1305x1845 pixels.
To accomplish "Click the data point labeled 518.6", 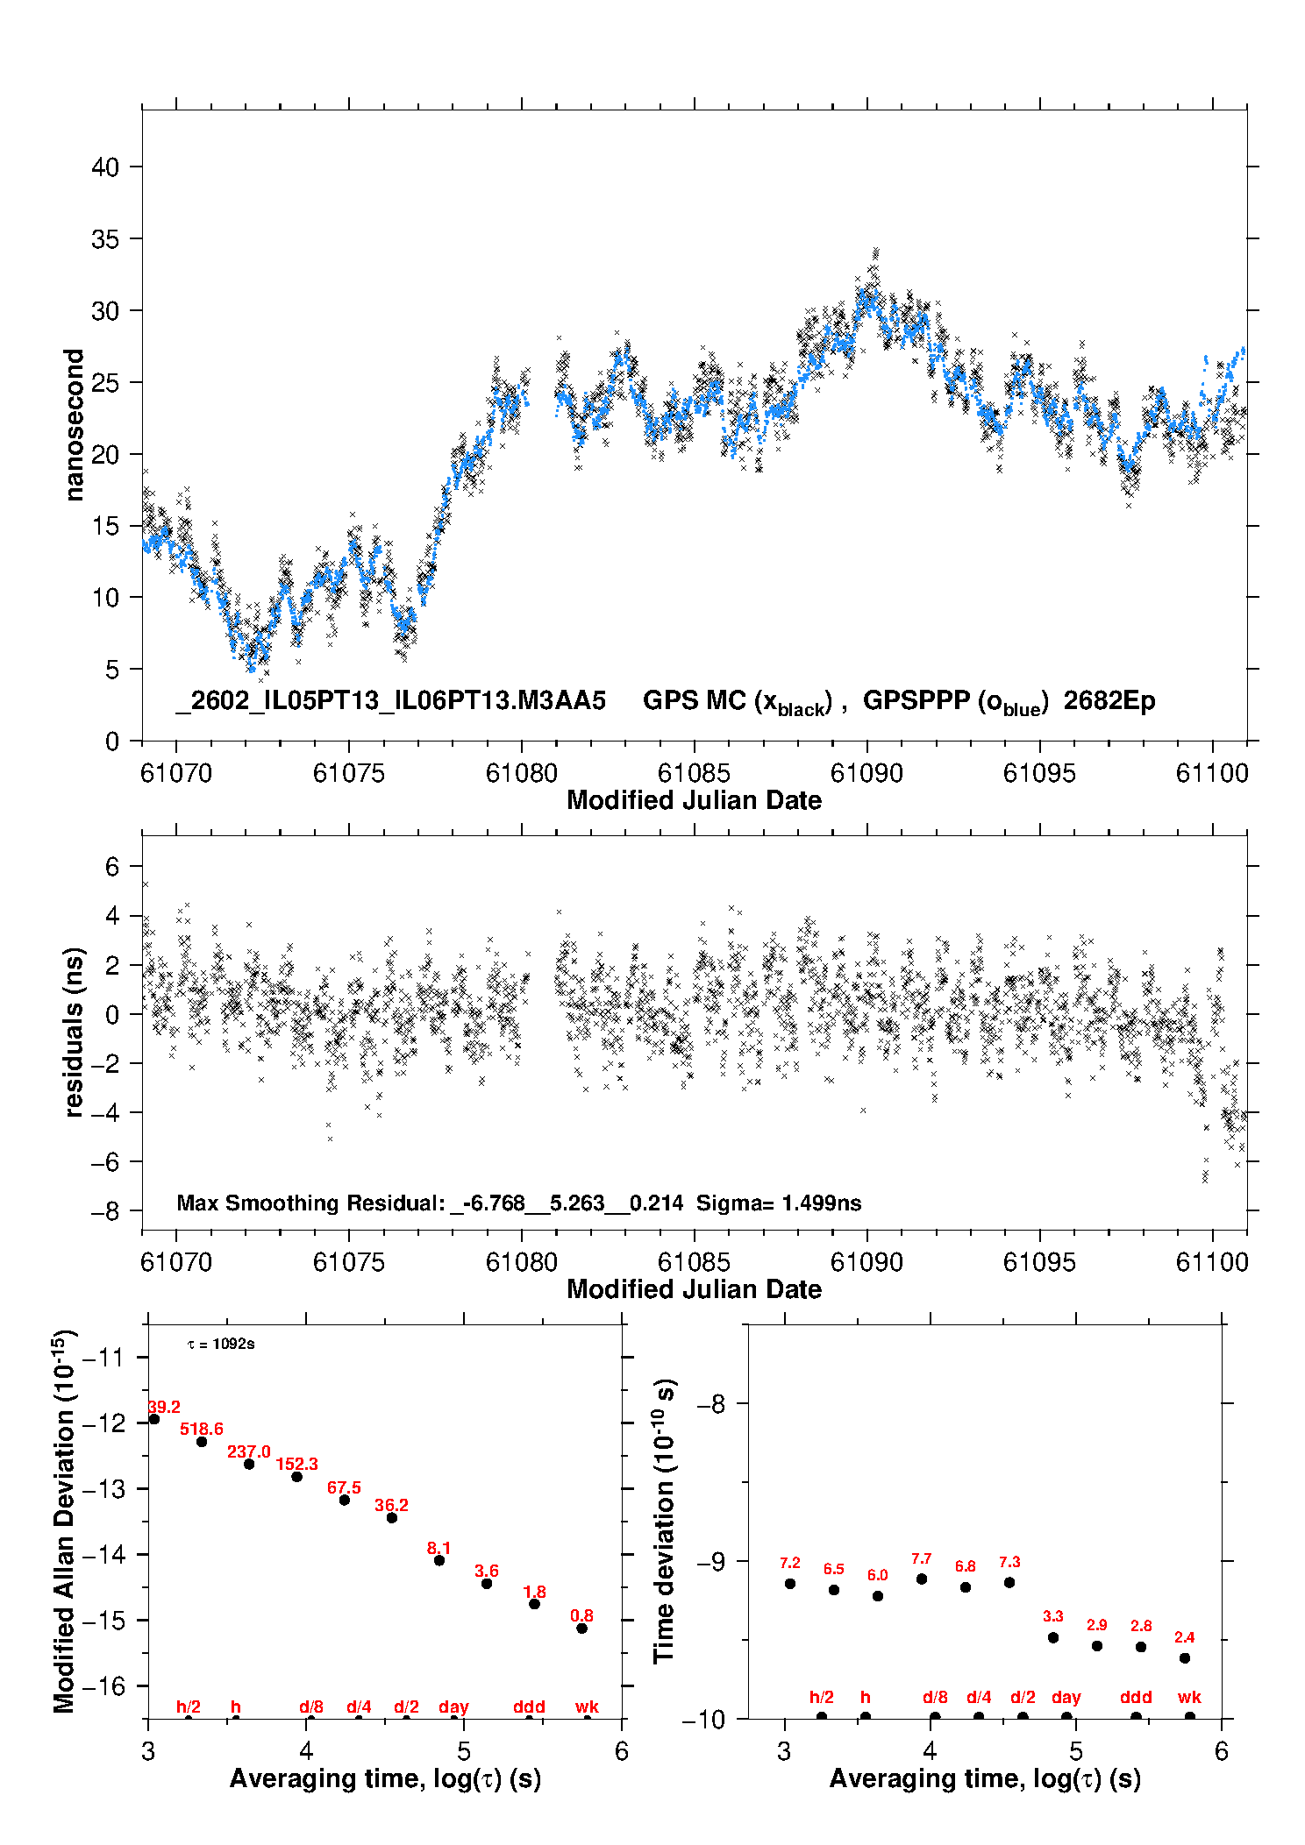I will pyautogui.click(x=202, y=1442).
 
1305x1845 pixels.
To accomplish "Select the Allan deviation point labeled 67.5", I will pyautogui.click(x=345, y=1500).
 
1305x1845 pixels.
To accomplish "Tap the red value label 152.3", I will pyautogui.click(x=296, y=1464).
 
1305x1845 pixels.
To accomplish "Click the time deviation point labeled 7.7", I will pyautogui.click(x=922, y=1579).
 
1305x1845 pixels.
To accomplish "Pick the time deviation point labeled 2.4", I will pyautogui.click(x=1185, y=1657).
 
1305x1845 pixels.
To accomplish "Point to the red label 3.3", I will pyautogui.click(x=1053, y=1616).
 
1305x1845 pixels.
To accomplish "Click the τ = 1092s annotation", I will pyautogui.click(x=221, y=1345).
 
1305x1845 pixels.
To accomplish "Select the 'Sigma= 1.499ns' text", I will pyautogui.click(x=779, y=1203).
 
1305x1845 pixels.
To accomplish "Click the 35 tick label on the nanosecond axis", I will pyautogui.click(x=105, y=239).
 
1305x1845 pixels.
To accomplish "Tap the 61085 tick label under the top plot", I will pyautogui.click(x=694, y=773).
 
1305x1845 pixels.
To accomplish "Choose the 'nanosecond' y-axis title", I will pyautogui.click(x=75, y=425).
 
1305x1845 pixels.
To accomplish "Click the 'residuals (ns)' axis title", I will pyautogui.click(x=75, y=1032).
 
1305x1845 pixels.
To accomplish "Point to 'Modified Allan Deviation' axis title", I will pyautogui.click(x=64, y=1521).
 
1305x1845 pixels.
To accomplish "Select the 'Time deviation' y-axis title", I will pyautogui.click(x=664, y=1521).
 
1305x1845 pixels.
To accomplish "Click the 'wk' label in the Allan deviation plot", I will pyautogui.click(x=587, y=1707).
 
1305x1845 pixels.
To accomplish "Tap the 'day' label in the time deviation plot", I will pyautogui.click(x=1066, y=1697).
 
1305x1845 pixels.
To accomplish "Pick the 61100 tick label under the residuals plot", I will pyautogui.click(x=1212, y=1262).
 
